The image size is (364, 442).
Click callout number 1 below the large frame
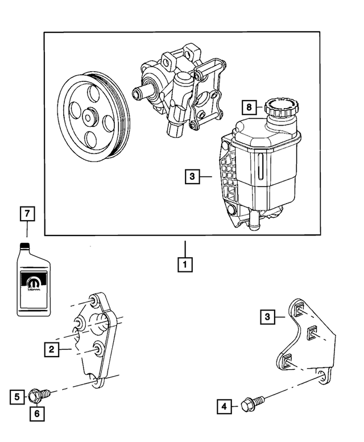(x=184, y=265)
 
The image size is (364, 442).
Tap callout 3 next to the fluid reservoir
(x=192, y=177)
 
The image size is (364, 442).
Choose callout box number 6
(x=26, y=214)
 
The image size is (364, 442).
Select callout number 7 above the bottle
(x=247, y=107)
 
